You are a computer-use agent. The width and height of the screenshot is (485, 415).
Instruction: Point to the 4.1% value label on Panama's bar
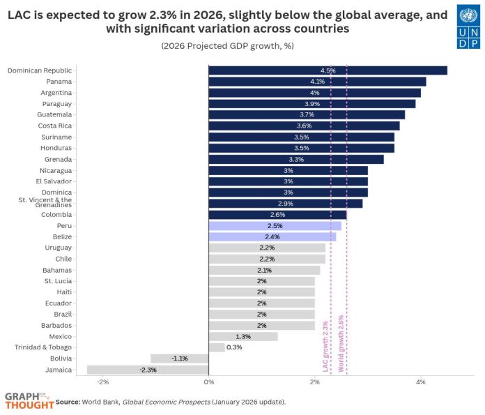318,82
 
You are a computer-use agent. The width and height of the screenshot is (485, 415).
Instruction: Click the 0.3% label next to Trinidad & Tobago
234,347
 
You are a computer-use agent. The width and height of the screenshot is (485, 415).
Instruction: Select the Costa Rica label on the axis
55,126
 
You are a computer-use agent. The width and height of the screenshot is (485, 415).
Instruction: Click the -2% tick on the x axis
102,383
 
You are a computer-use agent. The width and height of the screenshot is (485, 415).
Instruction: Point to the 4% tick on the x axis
420,383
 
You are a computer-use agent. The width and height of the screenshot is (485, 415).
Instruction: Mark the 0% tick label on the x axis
208,383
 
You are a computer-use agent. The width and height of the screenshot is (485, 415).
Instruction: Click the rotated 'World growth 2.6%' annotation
341,344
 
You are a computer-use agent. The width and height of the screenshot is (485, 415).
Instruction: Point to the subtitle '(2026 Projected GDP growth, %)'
228,46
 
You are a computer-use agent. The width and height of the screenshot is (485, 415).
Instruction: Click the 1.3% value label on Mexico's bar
243,336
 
